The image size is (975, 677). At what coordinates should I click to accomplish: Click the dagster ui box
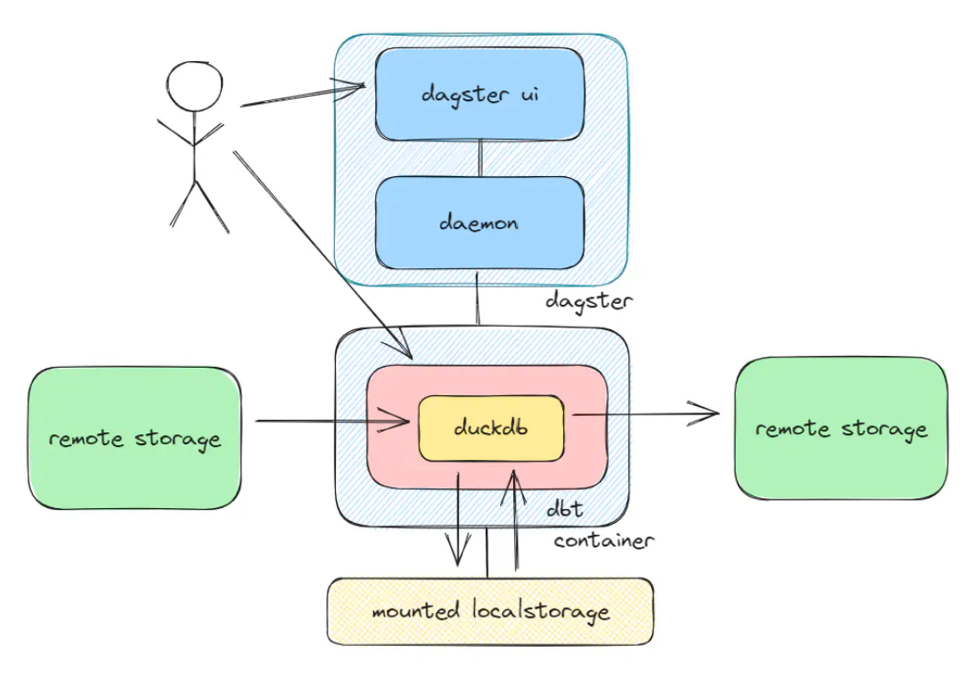click(479, 95)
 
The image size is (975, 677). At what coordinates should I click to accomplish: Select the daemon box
click(479, 223)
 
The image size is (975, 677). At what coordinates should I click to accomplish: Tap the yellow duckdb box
click(491, 428)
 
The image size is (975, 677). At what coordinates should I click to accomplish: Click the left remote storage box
click(134, 438)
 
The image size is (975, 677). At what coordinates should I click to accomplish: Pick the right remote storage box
click(841, 428)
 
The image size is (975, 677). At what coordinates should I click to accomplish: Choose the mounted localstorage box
click(490, 611)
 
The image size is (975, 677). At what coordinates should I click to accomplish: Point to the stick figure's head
click(194, 87)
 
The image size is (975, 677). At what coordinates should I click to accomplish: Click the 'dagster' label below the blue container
click(589, 301)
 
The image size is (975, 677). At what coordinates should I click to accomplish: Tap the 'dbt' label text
click(564, 508)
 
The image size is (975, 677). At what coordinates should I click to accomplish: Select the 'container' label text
click(603, 540)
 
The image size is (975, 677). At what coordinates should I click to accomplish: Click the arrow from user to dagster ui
click(303, 95)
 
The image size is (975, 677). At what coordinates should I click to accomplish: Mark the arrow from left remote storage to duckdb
click(332, 422)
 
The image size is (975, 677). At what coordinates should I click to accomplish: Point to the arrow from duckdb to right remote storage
click(645, 413)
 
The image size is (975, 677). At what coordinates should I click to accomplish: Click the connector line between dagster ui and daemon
click(480, 159)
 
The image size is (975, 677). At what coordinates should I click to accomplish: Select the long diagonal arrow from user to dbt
click(323, 255)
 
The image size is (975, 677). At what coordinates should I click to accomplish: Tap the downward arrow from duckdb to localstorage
click(458, 519)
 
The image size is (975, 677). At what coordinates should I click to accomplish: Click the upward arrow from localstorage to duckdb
click(515, 520)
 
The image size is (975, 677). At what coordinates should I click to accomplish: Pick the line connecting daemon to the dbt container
click(477, 297)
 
